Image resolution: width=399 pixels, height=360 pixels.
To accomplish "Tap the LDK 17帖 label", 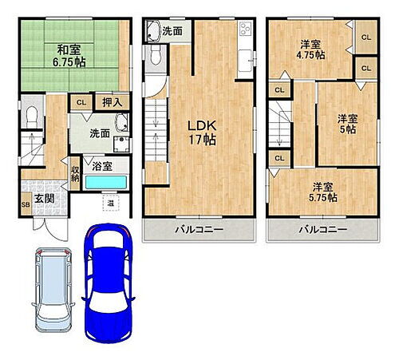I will (x=199, y=132).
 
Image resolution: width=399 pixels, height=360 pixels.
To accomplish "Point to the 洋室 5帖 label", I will (x=348, y=124).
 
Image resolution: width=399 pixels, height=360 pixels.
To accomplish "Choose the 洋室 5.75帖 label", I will (x=323, y=192).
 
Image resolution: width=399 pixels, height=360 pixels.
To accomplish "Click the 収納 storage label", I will (x=76, y=173).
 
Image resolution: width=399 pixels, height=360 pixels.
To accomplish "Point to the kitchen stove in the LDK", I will (x=244, y=29).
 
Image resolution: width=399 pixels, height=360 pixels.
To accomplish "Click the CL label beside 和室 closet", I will (x=81, y=101).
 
